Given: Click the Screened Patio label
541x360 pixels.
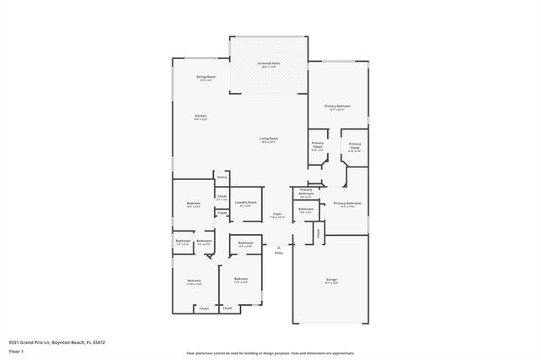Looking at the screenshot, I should click(270, 63).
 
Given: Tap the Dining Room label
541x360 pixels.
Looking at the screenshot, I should click(206, 77).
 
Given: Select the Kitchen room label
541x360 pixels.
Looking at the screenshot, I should click(201, 116).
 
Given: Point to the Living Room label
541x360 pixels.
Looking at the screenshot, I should click(269, 139).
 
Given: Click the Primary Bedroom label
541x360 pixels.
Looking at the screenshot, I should click(337, 106).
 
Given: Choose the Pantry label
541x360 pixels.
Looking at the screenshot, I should click(221, 177).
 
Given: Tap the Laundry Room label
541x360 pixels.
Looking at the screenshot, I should click(246, 202).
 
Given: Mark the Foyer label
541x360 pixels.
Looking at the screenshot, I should click(277, 214).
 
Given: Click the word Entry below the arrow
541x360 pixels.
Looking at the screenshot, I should click(278, 253).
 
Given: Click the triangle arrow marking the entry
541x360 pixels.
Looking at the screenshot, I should click(278, 245).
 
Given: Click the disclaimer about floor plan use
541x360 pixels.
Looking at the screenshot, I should click(270, 352).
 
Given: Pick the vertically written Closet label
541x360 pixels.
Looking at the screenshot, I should click(318, 233).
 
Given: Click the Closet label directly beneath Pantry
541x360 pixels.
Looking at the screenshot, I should click(221, 196).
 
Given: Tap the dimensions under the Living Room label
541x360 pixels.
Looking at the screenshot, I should click(269, 143).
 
